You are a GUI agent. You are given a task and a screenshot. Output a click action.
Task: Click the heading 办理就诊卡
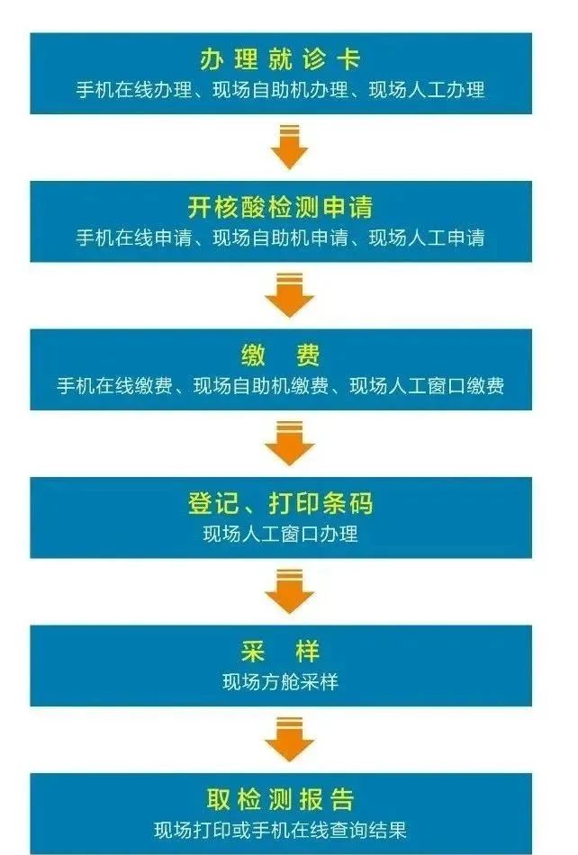280,59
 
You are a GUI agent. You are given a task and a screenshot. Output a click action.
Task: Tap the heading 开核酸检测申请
280,207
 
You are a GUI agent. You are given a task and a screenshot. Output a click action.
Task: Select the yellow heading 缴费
280,355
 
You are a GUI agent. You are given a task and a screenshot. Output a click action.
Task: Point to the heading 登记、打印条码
280,503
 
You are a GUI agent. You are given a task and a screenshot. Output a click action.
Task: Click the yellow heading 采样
280,652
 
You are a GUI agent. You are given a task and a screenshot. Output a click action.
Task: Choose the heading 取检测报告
280,799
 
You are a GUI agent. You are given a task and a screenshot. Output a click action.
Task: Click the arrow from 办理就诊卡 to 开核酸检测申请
290,147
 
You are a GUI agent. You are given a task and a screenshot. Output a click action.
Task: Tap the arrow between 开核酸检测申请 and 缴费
290,295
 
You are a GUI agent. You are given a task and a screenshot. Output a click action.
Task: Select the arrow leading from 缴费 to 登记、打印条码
290,443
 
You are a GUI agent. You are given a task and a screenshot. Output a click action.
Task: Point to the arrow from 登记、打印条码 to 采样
290,591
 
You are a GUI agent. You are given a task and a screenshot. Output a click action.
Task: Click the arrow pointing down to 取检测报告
290,739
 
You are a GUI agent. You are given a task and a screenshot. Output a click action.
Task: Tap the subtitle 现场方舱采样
280,682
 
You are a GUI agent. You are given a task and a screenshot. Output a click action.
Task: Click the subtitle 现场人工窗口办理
280,534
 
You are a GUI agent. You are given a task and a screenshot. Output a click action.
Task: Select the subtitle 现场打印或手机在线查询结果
280,830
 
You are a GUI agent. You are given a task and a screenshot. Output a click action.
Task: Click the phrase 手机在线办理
134,90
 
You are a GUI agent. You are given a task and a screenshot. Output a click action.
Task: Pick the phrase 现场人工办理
427,90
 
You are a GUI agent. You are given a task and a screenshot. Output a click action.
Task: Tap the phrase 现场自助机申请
280,238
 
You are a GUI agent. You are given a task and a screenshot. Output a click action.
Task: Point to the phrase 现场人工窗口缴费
427,386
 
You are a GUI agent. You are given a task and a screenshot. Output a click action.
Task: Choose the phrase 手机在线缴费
114,386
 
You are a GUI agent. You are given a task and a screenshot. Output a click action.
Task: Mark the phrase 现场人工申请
427,238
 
